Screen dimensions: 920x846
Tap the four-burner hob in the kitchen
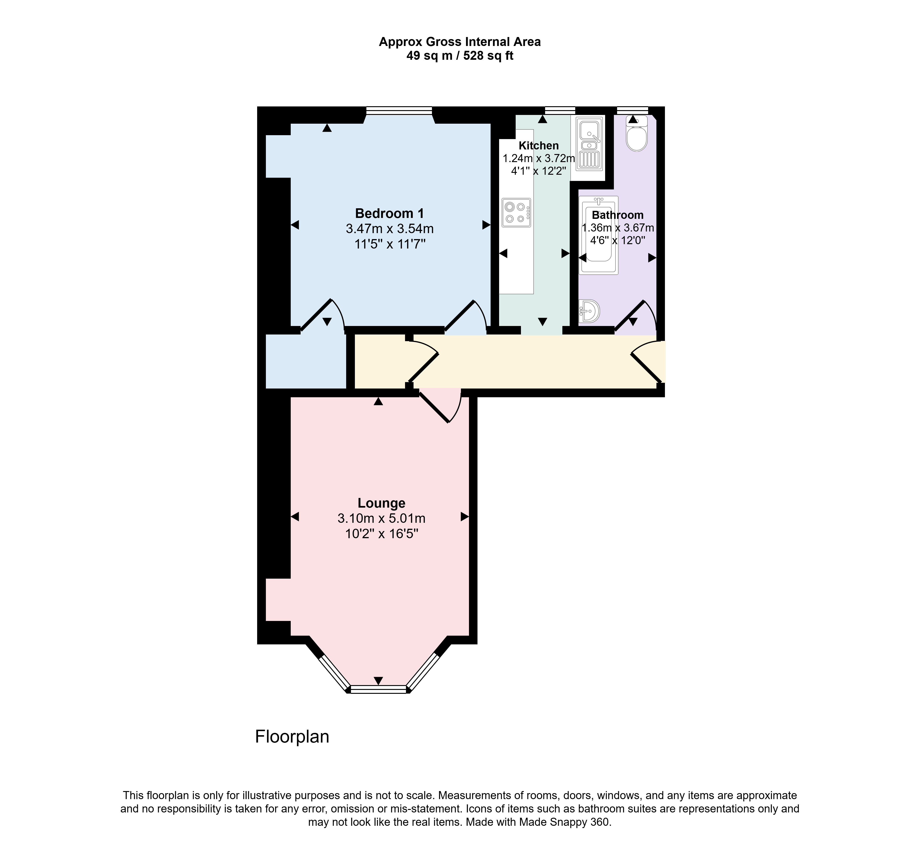[x=516, y=212]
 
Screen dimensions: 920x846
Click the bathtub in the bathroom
[x=598, y=235]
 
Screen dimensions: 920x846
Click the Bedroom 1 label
[x=389, y=213]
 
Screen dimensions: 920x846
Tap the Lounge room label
[x=382, y=503]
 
